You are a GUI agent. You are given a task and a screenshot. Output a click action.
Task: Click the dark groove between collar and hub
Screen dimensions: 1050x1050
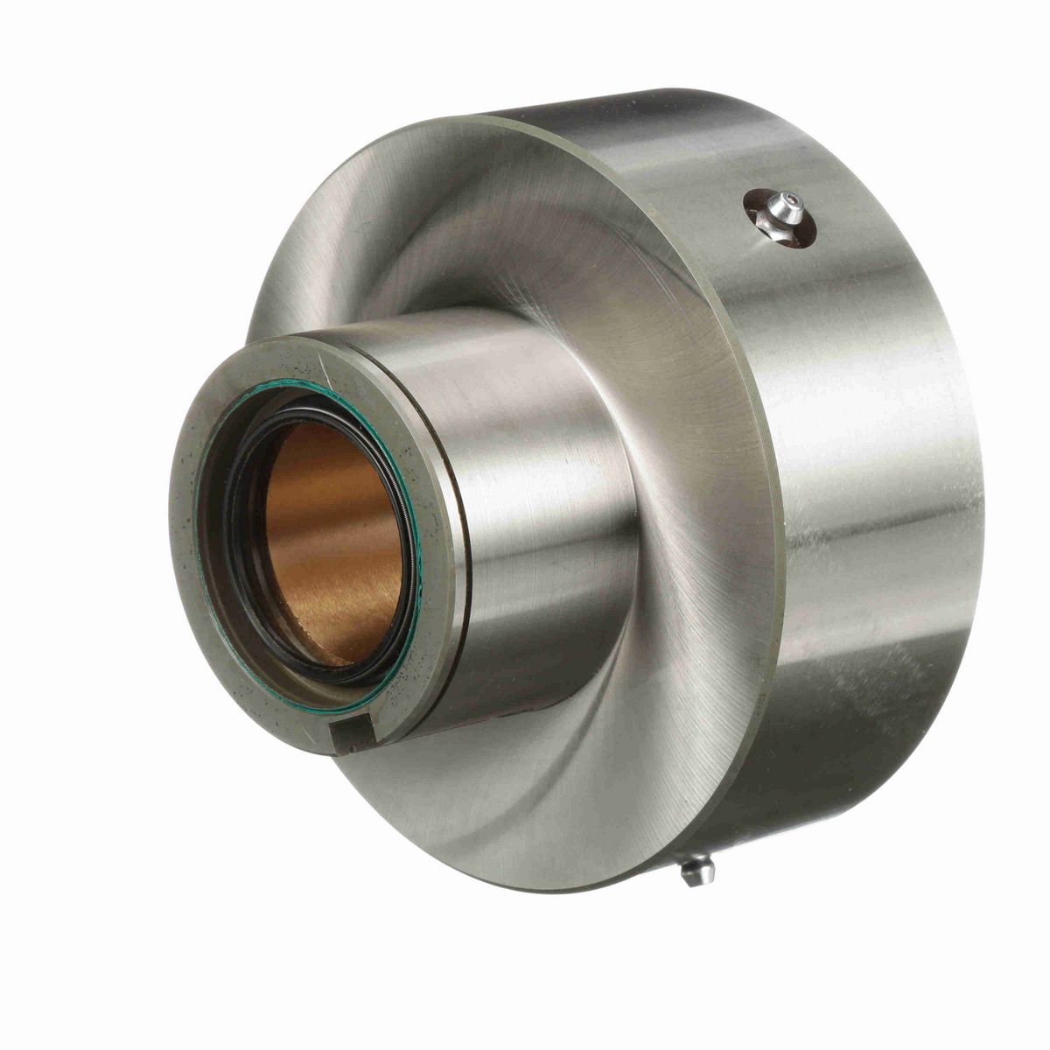click(462, 560)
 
